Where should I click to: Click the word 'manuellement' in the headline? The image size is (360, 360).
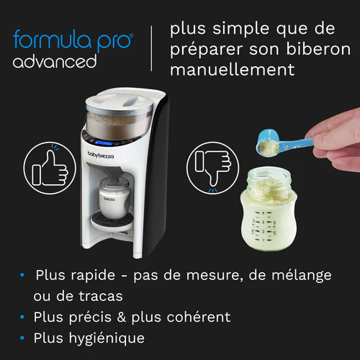pos(232,71)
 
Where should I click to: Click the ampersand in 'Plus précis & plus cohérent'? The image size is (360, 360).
pos(135,317)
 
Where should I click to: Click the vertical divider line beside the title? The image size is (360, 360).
pos(151,48)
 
